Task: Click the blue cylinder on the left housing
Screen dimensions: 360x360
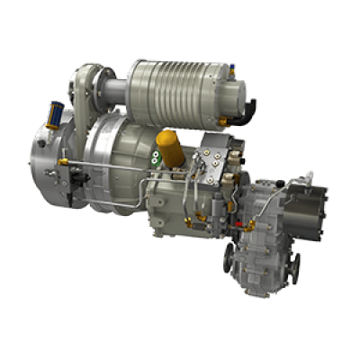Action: click(x=55, y=115)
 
